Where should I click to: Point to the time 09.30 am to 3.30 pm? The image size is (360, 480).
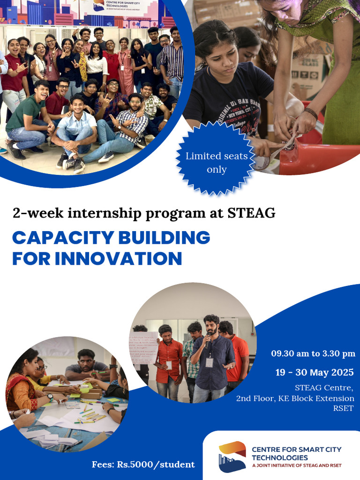pos(313,353)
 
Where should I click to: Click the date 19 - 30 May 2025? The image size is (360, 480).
pos(315,373)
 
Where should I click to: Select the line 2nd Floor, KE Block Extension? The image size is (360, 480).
pos(295,398)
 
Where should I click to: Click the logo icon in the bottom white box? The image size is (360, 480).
pos(232,456)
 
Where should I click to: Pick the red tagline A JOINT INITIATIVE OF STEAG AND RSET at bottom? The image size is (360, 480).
pos(297,466)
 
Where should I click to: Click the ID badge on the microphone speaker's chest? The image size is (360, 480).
pos(210,362)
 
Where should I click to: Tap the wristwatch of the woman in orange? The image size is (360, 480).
pos(50,397)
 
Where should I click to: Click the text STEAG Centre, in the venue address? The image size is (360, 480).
pos(323,388)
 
